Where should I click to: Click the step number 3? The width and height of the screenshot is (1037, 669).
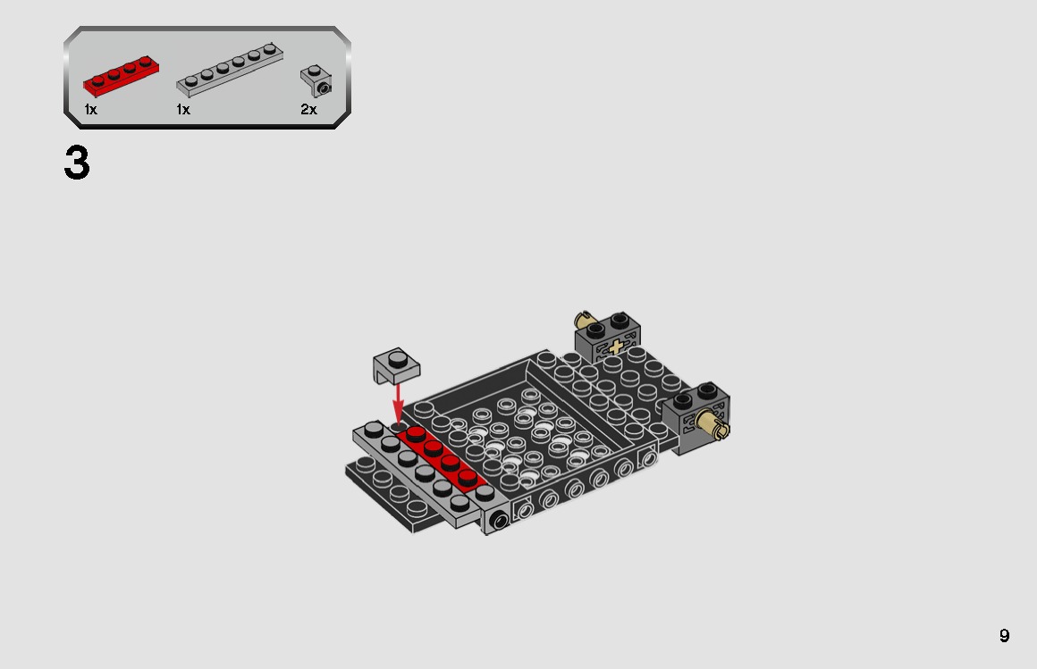click(x=77, y=163)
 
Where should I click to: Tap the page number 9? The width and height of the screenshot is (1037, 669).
click(x=1004, y=636)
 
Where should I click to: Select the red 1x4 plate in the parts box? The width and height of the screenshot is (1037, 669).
click(x=121, y=76)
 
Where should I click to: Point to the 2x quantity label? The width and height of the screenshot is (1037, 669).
click(x=308, y=110)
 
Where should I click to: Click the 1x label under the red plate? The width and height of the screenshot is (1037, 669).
click(x=90, y=110)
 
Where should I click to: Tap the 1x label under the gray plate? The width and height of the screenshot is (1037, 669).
click(x=183, y=110)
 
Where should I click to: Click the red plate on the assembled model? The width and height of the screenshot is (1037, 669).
click(x=443, y=456)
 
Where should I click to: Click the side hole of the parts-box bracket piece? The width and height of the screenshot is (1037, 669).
click(x=323, y=88)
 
